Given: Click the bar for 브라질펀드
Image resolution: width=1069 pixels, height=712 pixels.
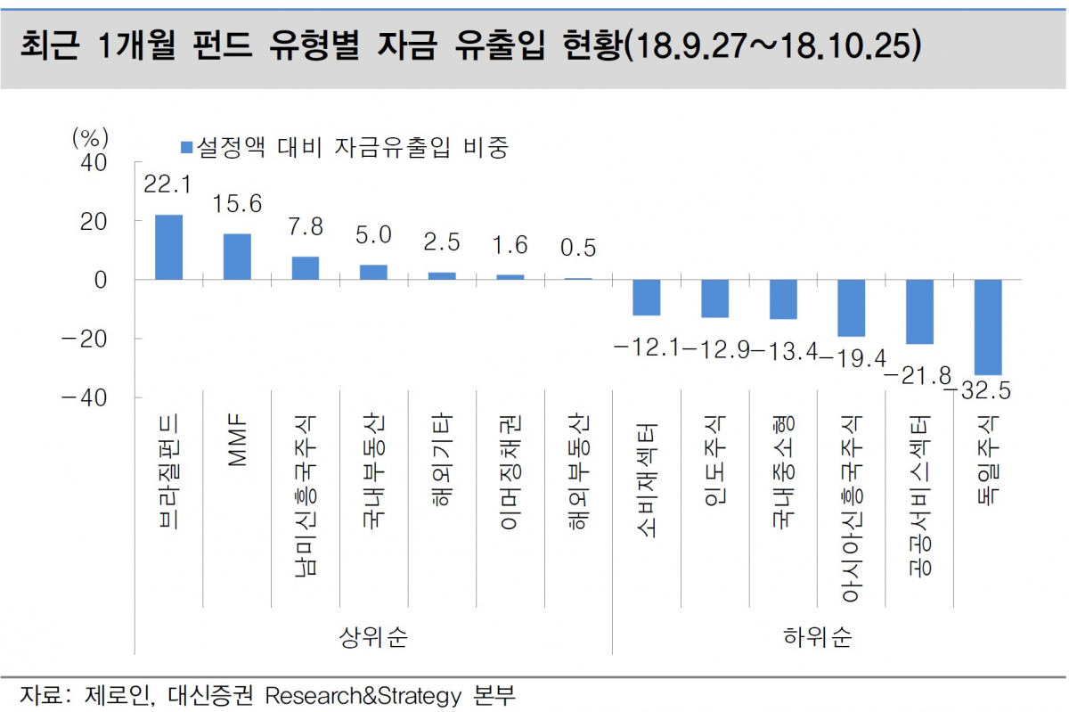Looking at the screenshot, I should click(x=168, y=247).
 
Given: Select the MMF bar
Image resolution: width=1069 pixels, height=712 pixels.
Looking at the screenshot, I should click(x=237, y=257).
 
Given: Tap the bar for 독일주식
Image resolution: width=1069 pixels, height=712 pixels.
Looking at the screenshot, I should click(x=988, y=327).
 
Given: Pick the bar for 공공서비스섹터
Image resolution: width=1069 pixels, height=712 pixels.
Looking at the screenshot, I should click(x=919, y=312).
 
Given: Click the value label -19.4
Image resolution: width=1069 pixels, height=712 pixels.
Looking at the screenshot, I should click(x=853, y=358).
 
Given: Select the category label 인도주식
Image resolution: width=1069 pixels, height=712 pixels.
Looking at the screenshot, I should click(x=714, y=460).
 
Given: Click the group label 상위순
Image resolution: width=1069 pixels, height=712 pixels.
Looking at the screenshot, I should click(x=373, y=636).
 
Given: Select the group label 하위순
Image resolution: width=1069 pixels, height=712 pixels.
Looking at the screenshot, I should click(x=817, y=636).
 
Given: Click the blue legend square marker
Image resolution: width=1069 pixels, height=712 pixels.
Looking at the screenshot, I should click(x=186, y=147).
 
